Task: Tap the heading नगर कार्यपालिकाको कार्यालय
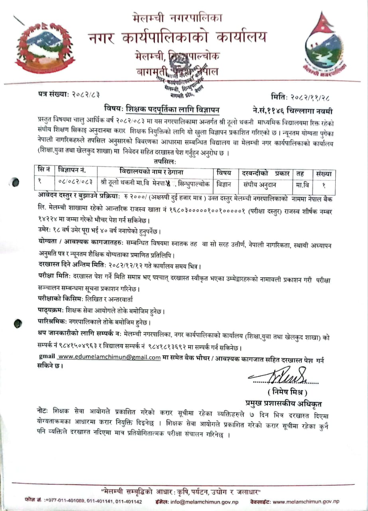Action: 177,38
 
